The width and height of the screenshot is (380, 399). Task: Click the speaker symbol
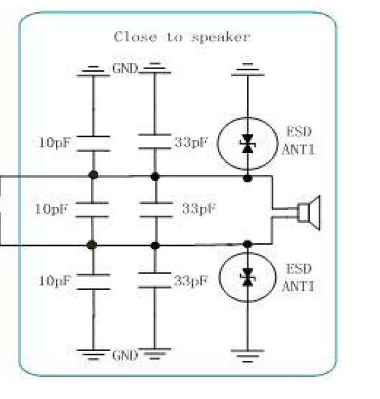tap(309, 213)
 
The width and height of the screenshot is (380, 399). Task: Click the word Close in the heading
tap(135, 37)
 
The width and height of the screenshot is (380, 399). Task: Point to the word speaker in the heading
tap(221, 37)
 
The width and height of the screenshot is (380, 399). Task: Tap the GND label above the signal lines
tap(125, 69)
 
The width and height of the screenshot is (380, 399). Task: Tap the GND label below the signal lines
tap(125, 355)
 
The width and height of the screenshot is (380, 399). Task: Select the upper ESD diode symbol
tap(247, 143)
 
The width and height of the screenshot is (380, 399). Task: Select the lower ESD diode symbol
tap(248, 277)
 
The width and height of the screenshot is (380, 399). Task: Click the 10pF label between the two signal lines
tap(51, 210)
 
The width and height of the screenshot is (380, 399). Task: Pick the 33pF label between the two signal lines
tap(199, 208)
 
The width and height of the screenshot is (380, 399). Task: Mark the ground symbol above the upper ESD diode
tap(248, 70)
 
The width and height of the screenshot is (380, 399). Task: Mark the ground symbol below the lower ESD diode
tap(248, 356)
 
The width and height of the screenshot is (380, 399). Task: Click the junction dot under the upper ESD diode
tap(247, 178)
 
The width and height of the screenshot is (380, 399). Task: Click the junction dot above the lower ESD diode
tap(247, 244)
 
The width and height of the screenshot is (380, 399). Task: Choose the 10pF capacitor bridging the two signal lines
tap(92, 210)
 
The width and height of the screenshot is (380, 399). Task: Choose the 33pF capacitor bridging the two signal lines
tap(156, 210)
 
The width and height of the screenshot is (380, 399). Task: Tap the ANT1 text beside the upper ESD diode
tap(298, 149)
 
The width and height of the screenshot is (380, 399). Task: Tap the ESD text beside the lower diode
tap(299, 269)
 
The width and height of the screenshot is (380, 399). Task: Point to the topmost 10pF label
tap(55, 143)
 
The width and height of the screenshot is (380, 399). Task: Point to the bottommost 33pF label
tap(190, 281)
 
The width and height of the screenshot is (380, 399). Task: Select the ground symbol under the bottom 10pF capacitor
tap(94, 354)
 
